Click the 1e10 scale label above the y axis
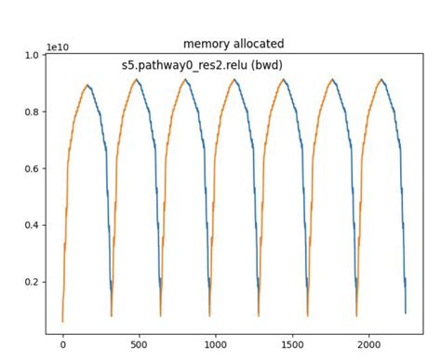point(59,47)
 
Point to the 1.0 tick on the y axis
point(32,56)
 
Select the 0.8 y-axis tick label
point(32,113)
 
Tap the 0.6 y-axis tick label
point(32,169)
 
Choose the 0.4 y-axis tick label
point(32,226)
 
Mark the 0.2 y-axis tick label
point(32,283)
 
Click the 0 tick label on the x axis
point(63,345)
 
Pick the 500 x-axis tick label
point(140,345)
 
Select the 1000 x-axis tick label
point(216,345)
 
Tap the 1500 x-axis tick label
point(292,345)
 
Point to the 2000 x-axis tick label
point(368,345)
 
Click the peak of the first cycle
point(87,85)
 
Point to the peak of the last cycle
point(381,79)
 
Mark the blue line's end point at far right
point(406,313)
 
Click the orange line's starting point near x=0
point(62,321)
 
